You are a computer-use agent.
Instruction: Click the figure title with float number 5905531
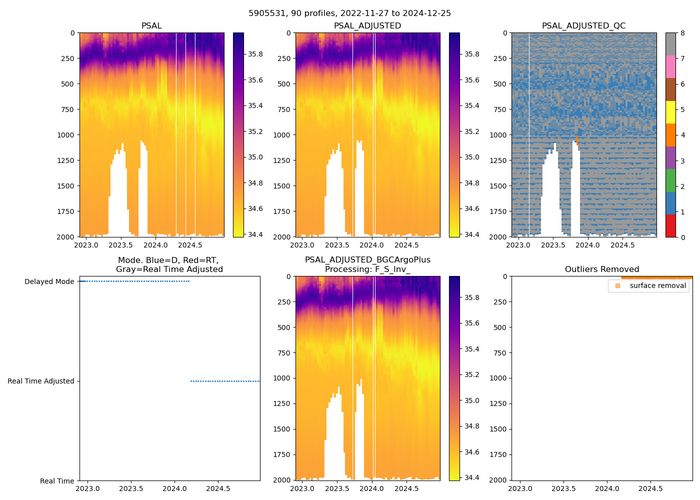point(349,13)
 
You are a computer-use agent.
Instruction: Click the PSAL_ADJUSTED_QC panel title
point(583,25)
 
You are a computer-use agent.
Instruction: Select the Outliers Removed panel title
point(601,269)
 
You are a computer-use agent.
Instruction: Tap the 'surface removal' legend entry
point(657,285)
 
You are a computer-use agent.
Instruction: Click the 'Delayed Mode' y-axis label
point(49,281)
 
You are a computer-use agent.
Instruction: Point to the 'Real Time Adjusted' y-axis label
point(40,381)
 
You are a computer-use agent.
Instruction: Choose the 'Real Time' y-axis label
point(57,481)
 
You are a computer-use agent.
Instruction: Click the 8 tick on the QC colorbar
point(682,33)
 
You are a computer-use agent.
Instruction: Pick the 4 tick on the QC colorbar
point(682,135)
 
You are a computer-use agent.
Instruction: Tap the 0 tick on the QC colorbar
point(682,237)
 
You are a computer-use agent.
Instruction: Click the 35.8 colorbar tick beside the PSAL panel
point(255,54)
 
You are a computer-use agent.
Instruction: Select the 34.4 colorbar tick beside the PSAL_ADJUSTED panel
point(471,234)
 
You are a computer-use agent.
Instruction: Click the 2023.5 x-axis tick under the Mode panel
point(131,488)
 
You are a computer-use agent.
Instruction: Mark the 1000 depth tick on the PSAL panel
point(65,135)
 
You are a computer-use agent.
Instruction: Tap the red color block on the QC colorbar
point(670,225)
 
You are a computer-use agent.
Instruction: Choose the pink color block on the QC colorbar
point(670,66)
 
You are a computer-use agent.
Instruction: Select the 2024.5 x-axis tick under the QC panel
point(622,245)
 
